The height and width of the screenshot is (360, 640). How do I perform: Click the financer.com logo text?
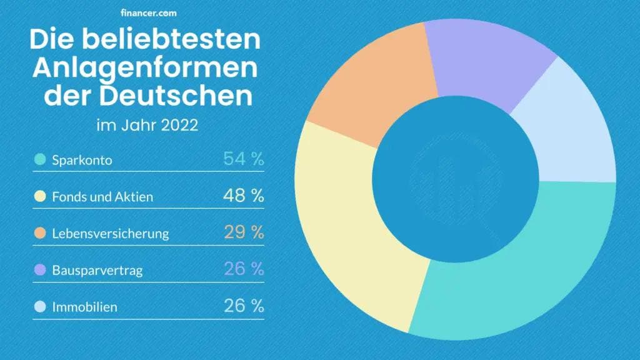coord(147,12)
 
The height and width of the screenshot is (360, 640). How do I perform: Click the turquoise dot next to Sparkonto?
coord(40,160)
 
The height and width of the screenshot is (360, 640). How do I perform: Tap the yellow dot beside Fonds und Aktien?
coord(40,197)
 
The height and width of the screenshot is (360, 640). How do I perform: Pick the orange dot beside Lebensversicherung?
coord(40,234)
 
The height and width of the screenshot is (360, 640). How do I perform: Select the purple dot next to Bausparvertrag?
coord(40,271)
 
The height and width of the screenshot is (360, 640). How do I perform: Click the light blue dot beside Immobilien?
coord(40,307)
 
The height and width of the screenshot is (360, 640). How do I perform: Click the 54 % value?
coord(243,159)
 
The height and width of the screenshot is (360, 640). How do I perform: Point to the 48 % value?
coord(243,196)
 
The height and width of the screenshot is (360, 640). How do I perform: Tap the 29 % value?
coord(243,232)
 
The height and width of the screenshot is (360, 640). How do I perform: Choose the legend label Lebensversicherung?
coord(111,234)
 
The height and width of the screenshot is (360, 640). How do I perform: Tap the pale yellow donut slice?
coord(350,219)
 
